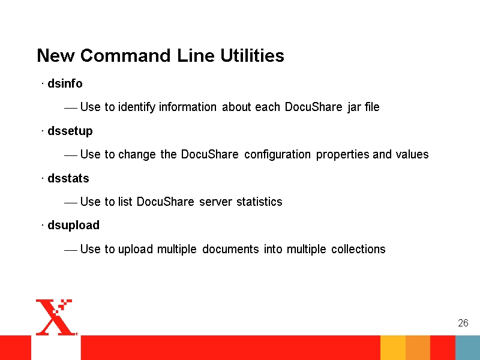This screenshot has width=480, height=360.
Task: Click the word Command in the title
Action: coord(125,55)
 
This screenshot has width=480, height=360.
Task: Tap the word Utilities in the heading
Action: coord(252,55)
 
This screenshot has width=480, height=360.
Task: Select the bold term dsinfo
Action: coord(65,83)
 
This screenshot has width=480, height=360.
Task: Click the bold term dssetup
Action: coord(70,131)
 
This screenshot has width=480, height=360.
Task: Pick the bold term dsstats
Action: coord(68,178)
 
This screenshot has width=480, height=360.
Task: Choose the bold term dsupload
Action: coord(73,226)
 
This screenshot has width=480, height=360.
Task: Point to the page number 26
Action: coord(463,323)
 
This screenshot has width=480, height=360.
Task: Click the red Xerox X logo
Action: coord(56,317)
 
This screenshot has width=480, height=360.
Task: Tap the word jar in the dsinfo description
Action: coord(353,107)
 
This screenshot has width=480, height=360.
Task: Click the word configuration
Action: coord(277,154)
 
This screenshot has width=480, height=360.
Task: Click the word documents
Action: coord(230,249)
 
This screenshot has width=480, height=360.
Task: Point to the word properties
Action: coord(343,155)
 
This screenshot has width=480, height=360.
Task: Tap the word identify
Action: coord(137,107)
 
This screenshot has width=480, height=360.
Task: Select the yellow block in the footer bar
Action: coord(393,348)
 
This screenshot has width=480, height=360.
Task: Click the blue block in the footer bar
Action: coord(467,348)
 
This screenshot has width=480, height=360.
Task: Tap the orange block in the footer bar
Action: coord(418,348)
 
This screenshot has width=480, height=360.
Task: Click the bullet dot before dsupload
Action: coord(43,226)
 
